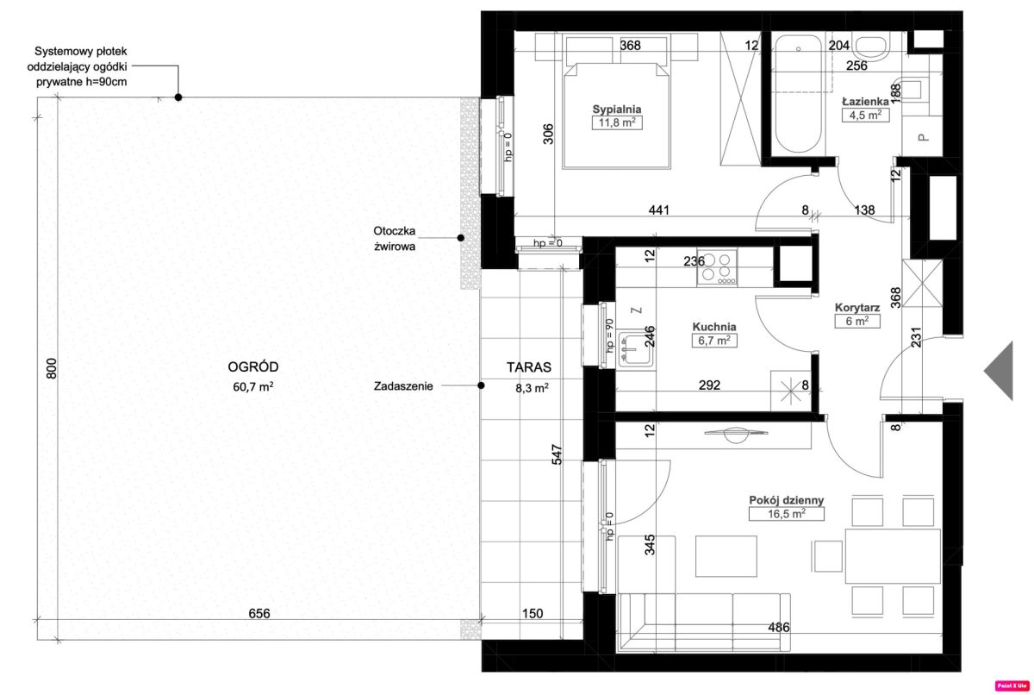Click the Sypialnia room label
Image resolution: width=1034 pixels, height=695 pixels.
[x=617, y=110]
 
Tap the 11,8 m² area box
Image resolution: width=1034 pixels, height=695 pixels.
[x=617, y=122]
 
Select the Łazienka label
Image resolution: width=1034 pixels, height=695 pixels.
[x=865, y=102]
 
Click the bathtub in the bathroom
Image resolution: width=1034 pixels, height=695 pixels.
[x=798, y=94]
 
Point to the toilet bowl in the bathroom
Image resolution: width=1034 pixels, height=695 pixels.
[x=871, y=47]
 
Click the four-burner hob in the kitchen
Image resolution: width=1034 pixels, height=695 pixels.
[x=716, y=268]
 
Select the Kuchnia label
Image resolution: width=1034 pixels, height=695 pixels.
[x=714, y=327]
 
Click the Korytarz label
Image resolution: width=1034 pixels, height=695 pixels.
[x=857, y=308]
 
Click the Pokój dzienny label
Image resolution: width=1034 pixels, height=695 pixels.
[x=786, y=500]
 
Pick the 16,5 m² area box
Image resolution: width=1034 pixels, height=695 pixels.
[x=786, y=514]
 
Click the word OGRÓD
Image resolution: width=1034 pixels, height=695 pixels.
[x=253, y=367]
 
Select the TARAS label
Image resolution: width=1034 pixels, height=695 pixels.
[x=528, y=367]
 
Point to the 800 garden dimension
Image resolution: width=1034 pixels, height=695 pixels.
[x=52, y=368]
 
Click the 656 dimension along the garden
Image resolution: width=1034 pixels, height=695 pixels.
[x=259, y=613]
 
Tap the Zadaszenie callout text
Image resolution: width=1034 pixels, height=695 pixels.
[x=403, y=386]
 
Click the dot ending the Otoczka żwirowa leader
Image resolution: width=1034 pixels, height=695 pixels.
[x=461, y=238]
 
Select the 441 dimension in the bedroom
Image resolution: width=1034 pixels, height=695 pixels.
[x=658, y=210]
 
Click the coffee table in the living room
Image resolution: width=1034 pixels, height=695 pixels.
[x=726, y=556]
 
